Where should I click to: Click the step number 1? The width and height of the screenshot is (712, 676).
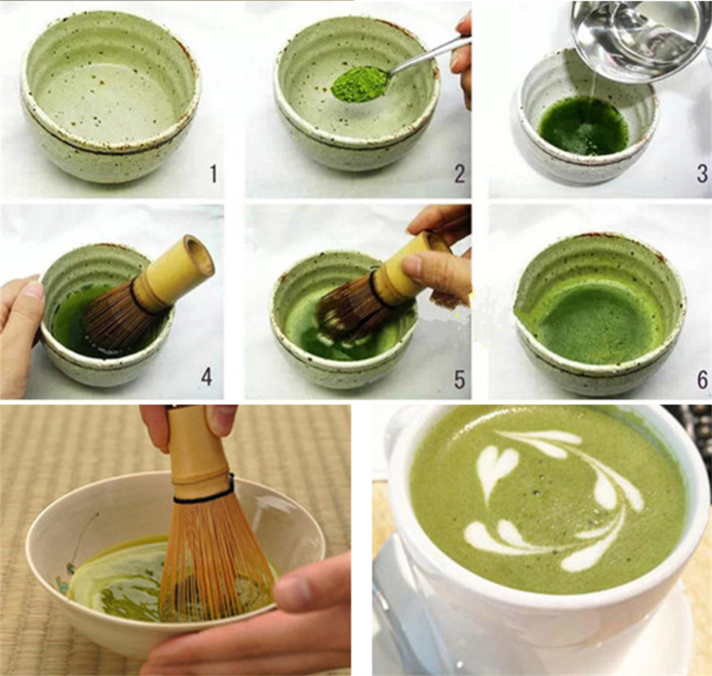pyautogui.click(x=213, y=173)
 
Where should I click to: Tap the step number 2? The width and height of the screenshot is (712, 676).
pyautogui.click(x=460, y=173)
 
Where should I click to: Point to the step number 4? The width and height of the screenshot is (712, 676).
pyautogui.click(x=207, y=376)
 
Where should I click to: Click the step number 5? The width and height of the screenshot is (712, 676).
pyautogui.click(x=460, y=379)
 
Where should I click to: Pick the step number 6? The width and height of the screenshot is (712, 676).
pyautogui.click(x=701, y=379)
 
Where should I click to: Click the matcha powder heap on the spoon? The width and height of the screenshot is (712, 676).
pyautogui.click(x=359, y=84)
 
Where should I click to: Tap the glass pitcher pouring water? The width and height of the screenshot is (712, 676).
pyautogui.click(x=635, y=35)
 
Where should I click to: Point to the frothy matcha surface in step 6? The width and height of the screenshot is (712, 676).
pyautogui.click(x=596, y=321)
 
